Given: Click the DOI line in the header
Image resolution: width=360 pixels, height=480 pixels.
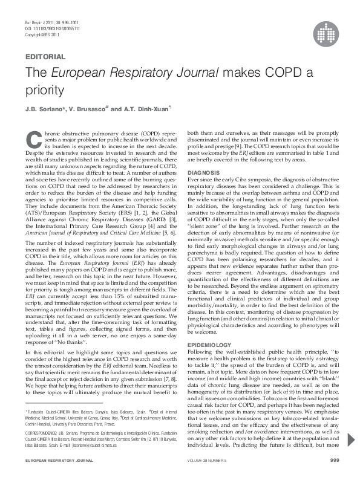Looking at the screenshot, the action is click(x=49, y=29).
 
